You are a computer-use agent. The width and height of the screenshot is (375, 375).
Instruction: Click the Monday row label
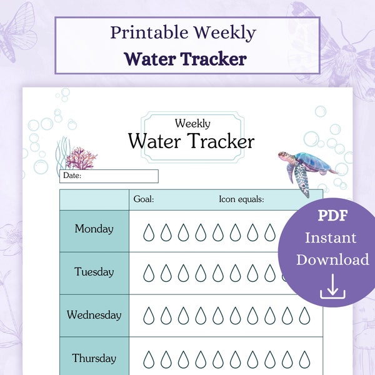[x=94, y=229]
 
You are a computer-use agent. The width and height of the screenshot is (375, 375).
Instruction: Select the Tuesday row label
[x=94, y=272]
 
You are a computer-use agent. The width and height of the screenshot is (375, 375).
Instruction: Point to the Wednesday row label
[x=94, y=315]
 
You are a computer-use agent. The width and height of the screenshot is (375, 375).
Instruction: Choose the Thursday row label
[x=94, y=358]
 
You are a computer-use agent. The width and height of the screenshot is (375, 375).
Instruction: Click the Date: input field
[x=109, y=176]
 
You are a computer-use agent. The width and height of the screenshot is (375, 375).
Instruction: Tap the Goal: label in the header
[x=144, y=199]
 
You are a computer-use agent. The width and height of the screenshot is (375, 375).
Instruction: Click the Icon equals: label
[x=241, y=199]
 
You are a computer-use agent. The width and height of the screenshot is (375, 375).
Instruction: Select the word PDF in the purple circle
[x=332, y=216]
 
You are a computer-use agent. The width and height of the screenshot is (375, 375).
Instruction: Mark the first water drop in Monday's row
[x=148, y=232]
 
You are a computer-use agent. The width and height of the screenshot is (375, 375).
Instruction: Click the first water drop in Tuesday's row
[x=148, y=273]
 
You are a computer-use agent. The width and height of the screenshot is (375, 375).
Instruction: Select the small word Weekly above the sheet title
[x=192, y=124]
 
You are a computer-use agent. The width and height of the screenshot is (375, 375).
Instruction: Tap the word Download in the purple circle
[x=332, y=259]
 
